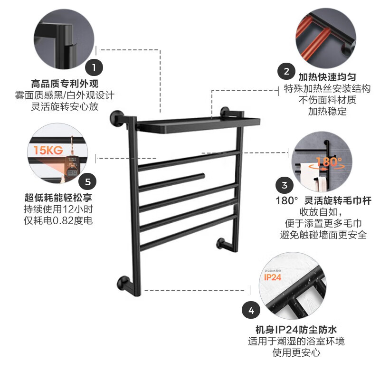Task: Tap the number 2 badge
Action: (286, 72)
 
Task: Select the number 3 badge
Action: (285, 185)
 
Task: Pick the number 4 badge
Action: (251, 312)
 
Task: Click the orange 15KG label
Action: (48, 151)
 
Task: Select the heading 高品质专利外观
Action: (65, 84)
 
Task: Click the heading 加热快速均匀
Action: (327, 77)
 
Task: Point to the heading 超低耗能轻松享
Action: (58, 197)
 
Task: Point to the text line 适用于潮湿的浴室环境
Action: (296, 341)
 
